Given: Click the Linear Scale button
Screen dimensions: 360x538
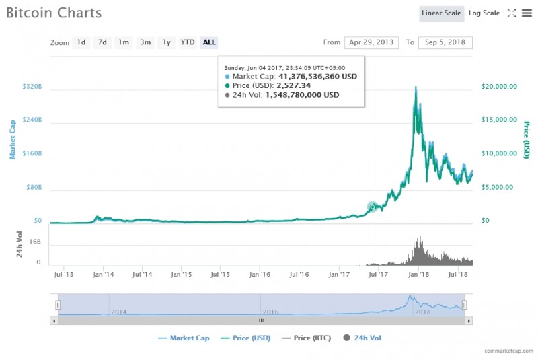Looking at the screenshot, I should coord(441,13).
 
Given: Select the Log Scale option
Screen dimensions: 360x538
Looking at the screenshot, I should coord(484,13).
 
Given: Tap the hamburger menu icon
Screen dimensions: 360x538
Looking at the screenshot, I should coord(527,13).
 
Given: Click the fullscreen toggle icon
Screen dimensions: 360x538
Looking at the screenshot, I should coord(511,13).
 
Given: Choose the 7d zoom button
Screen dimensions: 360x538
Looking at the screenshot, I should coord(102,42).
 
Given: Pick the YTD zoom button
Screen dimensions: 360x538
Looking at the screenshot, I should coord(188,42).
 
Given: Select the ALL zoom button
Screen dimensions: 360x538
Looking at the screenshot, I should coord(209,42).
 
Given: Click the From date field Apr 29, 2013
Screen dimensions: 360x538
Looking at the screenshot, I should coord(371,42).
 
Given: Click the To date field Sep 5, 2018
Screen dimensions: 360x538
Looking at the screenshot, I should coord(445,42).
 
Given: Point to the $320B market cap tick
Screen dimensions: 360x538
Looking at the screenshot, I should coord(32,87).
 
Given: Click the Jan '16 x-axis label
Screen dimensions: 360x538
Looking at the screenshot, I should coord(260,275).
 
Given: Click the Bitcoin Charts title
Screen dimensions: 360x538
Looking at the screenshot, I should coord(54,13).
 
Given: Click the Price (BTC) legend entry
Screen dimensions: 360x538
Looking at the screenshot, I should coord(311,338).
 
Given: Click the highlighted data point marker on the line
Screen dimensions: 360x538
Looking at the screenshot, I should coord(373,207).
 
